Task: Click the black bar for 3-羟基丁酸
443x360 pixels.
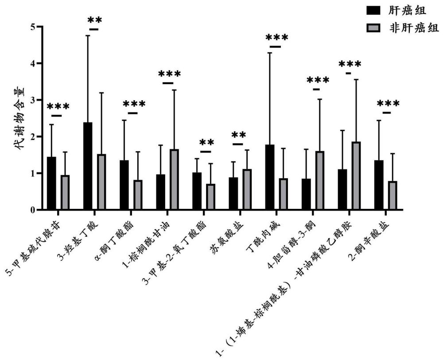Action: [88, 166]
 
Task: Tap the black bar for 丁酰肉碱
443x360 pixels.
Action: [269, 177]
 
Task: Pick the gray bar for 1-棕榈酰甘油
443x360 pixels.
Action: [174, 180]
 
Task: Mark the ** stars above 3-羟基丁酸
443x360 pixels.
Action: [94, 20]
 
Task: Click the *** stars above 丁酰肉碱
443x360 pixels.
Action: [276, 38]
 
